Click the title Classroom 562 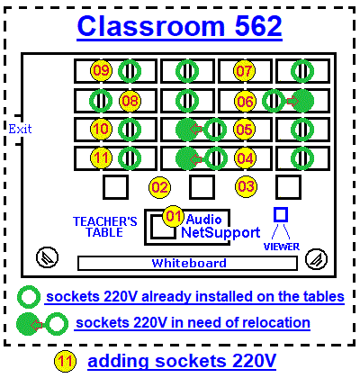(x=179, y=25)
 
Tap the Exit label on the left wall (x=20, y=129)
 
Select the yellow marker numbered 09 (x=102, y=70)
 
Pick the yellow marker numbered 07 (x=244, y=71)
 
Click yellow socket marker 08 (x=130, y=101)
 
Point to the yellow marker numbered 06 (x=246, y=102)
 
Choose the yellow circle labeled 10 (x=102, y=129)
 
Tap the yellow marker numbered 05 (x=245, y=130)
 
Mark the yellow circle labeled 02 (x=159, y=187)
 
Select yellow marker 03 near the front (x=246, y=186)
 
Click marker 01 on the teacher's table (x=174, y=216)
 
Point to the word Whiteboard (x=189, y=263)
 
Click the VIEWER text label (x=282, y=247)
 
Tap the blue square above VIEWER (x=281, y=214)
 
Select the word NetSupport (x=220, y=232)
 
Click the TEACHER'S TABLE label (x=104, y=227)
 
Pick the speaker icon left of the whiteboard (x=47, y=257)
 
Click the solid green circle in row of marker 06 (x=303, y=101)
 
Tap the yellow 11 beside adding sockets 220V (x=66, y=361)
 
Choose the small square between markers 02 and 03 (x=202, y=187)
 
